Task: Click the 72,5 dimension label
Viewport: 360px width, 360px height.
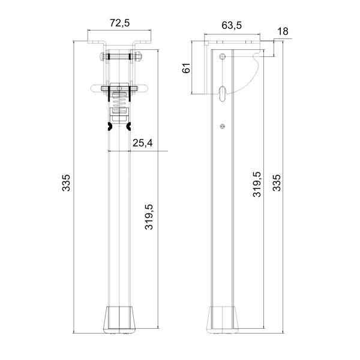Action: (x=119, y=23)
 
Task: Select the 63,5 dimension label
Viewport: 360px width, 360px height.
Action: (x=232, y=25)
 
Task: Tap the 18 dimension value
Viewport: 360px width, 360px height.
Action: (x=283, y=31)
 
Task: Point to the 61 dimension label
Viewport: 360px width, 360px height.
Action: (x=186, y=68)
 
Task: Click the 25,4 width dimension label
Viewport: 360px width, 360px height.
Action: (x=143, y=143)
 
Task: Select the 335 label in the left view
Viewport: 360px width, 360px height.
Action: (x=66, y=183)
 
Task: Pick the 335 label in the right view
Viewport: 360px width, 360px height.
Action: (x=277, y=183)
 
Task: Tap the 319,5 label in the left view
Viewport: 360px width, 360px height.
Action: (x=149, y=217)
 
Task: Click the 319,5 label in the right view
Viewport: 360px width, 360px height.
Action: (x=257, y=184)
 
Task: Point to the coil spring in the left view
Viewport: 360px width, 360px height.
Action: (x=119, y=103)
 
